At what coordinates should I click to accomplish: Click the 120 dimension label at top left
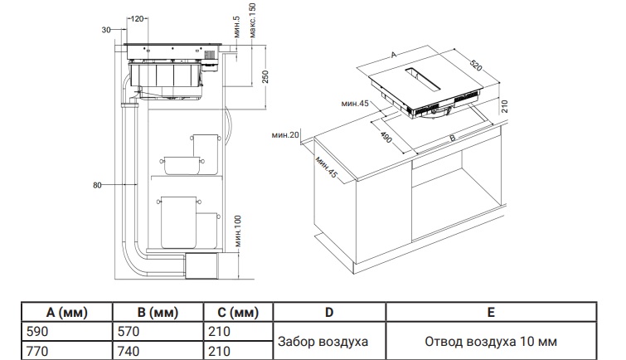(x=137, y=18)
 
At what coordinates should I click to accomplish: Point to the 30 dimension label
(x=106, y=30)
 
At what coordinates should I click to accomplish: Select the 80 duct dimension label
(x=97, y=185)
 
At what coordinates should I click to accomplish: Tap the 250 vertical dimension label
(x=265, y=76)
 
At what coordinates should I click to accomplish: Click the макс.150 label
(x=253, y=21)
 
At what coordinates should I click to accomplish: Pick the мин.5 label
(x=237, y=27)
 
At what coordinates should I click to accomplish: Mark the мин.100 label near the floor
(x=238, y=231)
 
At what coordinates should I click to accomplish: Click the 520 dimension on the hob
(x=475, y=66)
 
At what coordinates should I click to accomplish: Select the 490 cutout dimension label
(x=386, y=137)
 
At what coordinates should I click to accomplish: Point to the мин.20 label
(x=285, y=135)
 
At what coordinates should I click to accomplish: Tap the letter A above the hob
(x=394, y=55)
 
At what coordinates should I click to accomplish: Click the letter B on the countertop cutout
(x=453, y=139)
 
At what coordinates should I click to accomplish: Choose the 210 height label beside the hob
(x=504, y=106)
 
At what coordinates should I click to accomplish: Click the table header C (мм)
(x=238, y=312)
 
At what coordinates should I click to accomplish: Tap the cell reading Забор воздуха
(x=323, y=342)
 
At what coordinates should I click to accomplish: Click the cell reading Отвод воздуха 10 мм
(x=491, y=342)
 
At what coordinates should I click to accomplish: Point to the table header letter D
(x=329, y=312)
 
